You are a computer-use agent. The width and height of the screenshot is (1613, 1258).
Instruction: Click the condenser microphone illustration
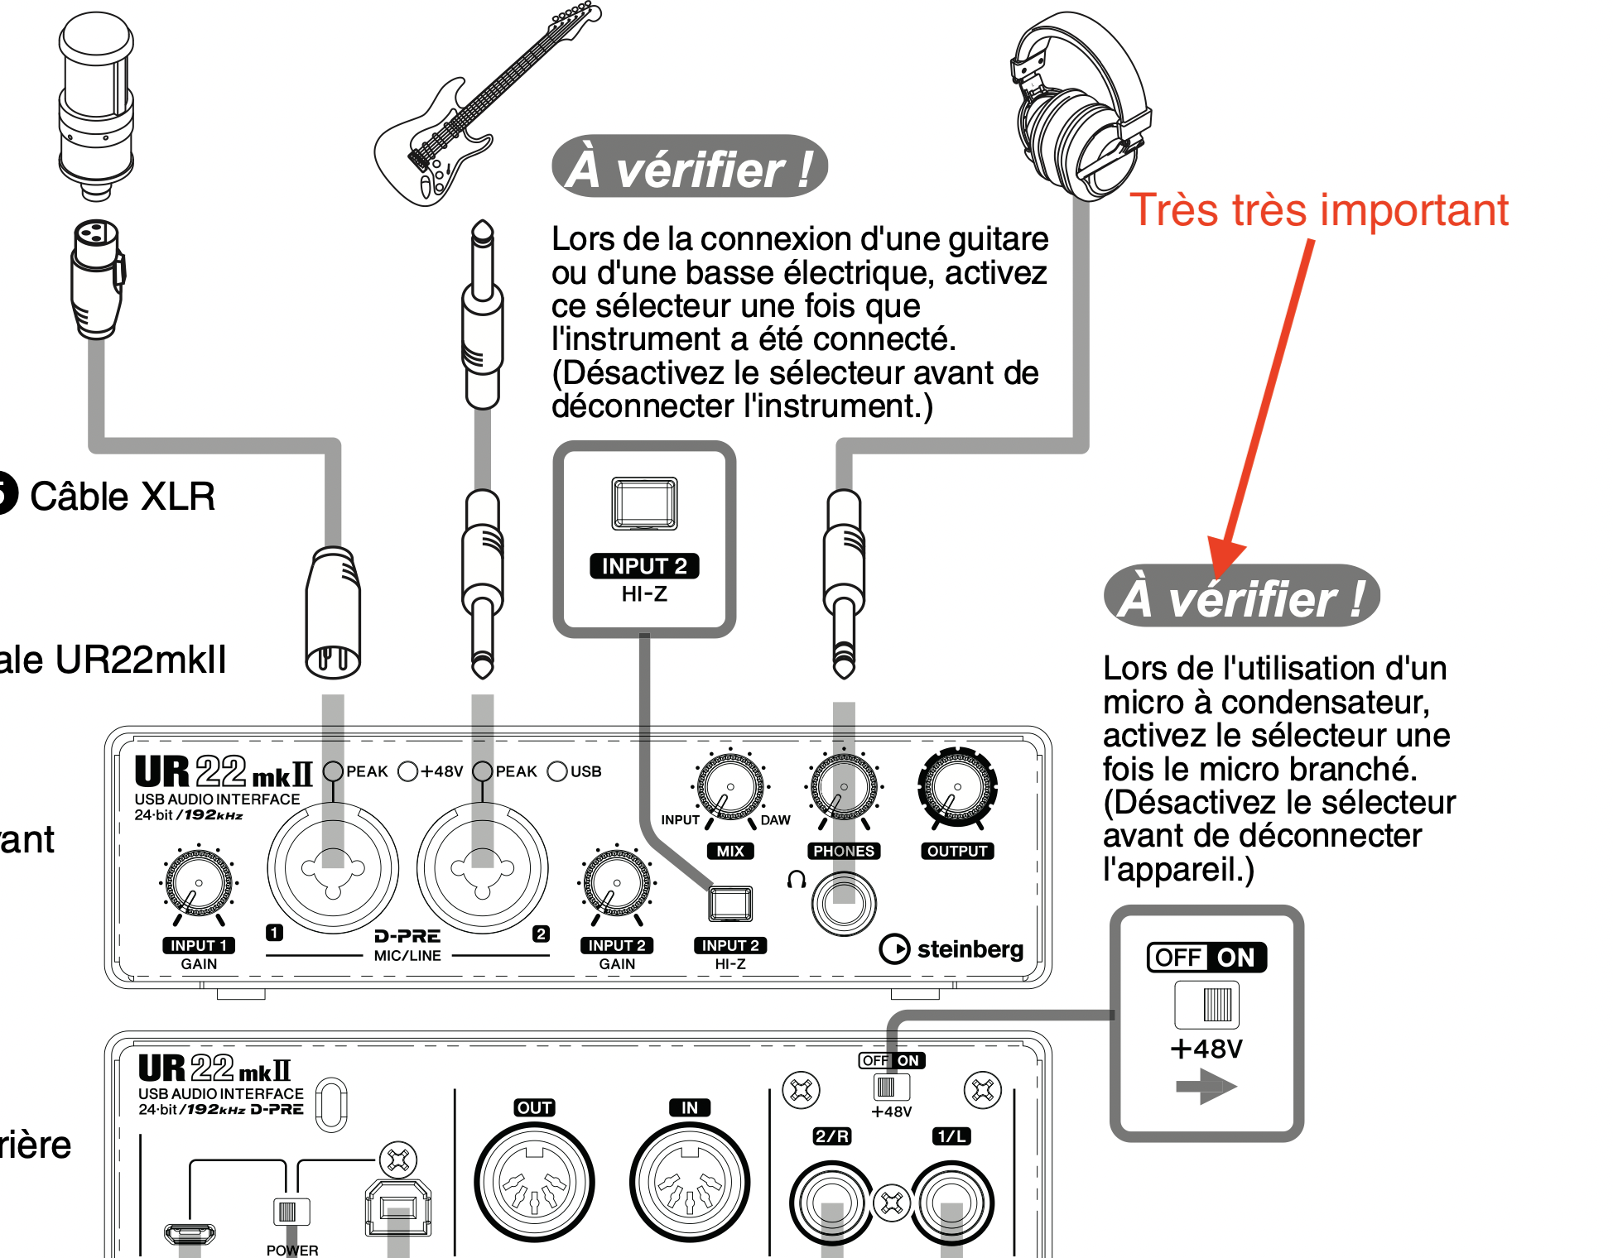coord(96,103)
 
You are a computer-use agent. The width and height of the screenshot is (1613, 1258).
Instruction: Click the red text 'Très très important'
coord(1319,210)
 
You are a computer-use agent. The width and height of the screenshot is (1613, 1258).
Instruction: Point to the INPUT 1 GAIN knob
coord(199,883)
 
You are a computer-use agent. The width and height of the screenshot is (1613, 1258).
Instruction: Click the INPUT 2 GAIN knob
coord(617,883)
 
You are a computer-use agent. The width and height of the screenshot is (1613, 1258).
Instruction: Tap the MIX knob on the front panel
coord(729,787)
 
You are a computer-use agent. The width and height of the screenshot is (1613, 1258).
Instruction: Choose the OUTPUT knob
coord(957,787)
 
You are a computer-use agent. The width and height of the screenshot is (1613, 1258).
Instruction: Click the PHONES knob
coord(844,787)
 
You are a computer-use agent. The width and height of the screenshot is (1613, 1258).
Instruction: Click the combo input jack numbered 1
coord(333,867)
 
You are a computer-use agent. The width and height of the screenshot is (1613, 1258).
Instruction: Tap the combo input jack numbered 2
coord(482,867)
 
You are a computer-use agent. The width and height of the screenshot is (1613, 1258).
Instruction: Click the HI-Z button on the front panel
coord(730,904)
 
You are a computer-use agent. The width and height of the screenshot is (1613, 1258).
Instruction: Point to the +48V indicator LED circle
coord(407,771)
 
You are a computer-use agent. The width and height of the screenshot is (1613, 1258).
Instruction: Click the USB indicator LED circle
coord(557,771)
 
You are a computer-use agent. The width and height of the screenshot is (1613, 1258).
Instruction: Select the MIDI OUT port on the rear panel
coord(534,1183)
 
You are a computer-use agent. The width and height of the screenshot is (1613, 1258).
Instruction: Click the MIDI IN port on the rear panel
coord(689,1183)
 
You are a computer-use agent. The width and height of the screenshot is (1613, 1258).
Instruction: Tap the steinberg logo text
coord(970,949)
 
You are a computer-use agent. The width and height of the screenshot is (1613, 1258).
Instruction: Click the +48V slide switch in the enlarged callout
coord(1207,1004)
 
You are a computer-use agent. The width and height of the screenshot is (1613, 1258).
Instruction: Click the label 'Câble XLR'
coord(123,497)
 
